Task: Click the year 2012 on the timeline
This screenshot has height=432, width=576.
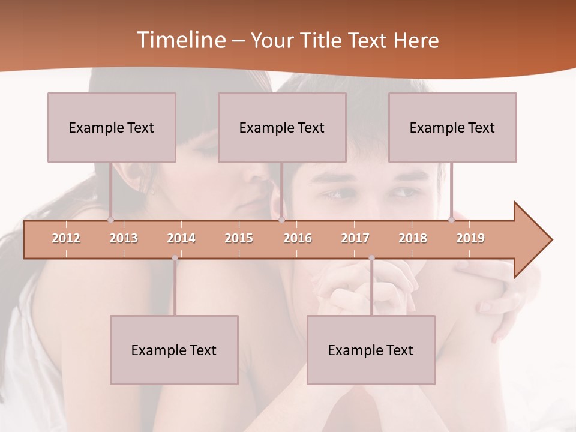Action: [x=66, y=238]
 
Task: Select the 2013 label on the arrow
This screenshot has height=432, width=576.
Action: [x=124, y=238]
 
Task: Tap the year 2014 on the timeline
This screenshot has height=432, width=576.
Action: [x=181, y=238]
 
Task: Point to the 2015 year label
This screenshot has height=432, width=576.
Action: [x=239, y=238]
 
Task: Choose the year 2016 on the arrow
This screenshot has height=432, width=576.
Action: [x=298, y=238]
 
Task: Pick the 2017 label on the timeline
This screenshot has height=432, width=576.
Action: [x=355, y=238]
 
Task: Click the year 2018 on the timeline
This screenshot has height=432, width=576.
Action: [x=413, y=238]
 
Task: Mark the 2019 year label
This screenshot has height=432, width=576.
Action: [x=470, y=238]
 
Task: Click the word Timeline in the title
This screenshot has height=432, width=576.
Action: [x=180, y=40]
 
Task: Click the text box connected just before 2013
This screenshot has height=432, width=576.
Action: [x=112, y=127]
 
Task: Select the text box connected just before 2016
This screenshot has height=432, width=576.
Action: [x=282, y=127]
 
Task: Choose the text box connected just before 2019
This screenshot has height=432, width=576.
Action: [x=452, y=127]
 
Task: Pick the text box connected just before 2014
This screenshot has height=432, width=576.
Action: [x=174, y=350]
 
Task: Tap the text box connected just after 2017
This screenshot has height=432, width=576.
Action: [x=371, y=350]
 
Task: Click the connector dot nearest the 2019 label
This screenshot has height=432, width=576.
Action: [x=452, y=220]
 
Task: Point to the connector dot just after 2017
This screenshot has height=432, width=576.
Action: [x=371, y=258]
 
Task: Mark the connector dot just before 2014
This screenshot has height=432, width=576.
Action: [x=175, y=258]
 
